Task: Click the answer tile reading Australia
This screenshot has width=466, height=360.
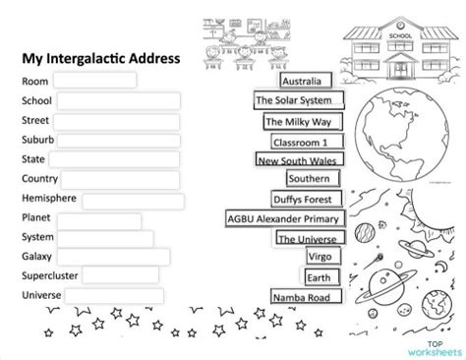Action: [306, 81]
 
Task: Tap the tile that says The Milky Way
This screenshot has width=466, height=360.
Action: [299, 122]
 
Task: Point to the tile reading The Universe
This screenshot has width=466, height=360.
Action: [307, 238]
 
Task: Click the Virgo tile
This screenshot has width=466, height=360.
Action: [319, 257]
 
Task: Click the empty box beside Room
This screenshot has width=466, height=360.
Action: [94, 80]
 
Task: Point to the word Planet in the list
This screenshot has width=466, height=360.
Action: [35, 218]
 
